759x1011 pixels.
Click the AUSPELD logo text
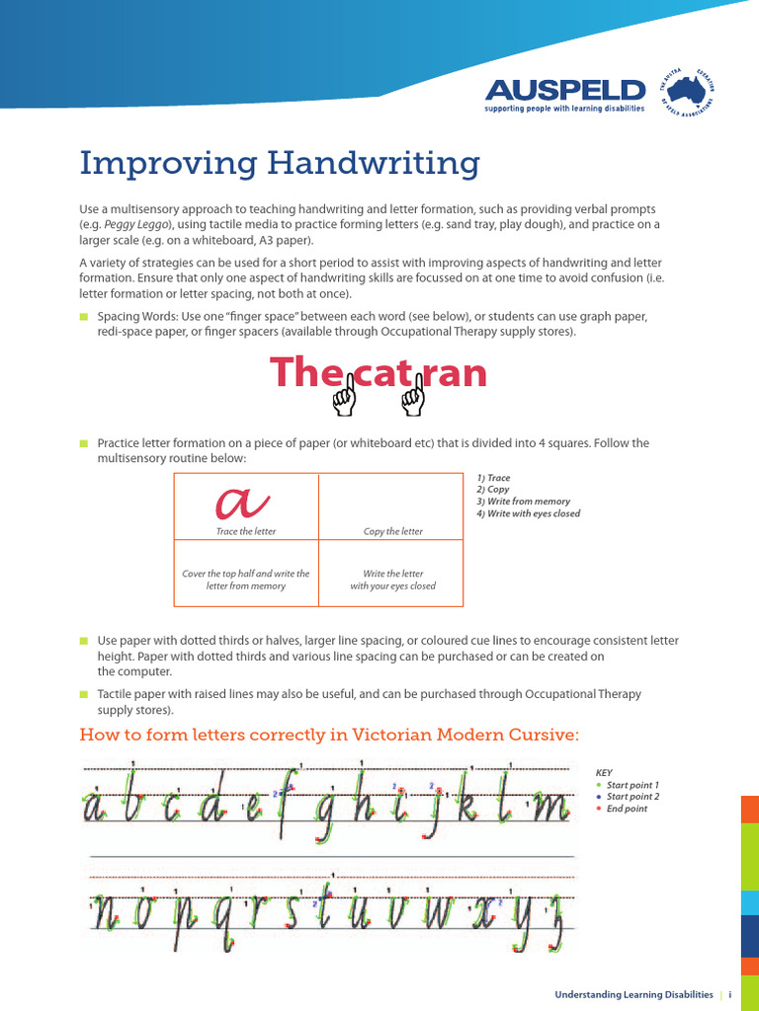(x=565, y=91)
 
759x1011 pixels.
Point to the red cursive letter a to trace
(x=242, y=503)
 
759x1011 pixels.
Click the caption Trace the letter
(x=246, y=532)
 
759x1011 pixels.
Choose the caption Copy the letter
(x=392, y=532)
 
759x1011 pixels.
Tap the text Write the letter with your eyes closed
(x=392, y=580)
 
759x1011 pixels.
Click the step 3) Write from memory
(x=523, y=502)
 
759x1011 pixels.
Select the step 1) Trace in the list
(x=493, y=478)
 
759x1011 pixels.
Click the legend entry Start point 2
(x=632, y=797)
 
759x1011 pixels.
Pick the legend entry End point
(x=627, y=809)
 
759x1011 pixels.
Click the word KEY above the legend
(x=604, y=773)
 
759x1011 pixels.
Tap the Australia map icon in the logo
(x=697, y=91)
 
